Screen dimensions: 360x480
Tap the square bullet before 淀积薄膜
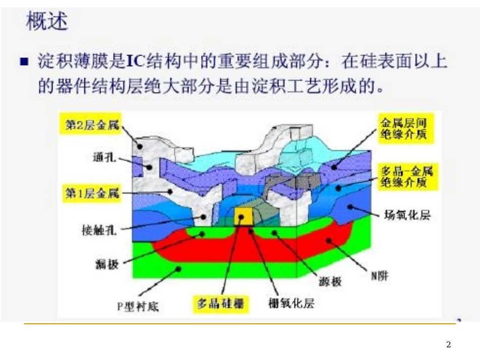click(23, 63)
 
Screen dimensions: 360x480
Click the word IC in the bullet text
click(134, 62)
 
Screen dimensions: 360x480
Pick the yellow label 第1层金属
click(92, 193)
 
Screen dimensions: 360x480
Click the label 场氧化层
click(407, 216)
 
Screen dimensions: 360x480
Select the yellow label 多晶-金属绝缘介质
click(402, 177)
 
